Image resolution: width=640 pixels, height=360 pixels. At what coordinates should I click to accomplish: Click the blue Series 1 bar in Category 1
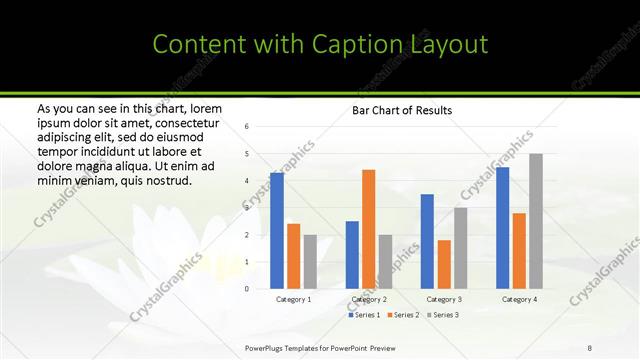(x=277, y=230)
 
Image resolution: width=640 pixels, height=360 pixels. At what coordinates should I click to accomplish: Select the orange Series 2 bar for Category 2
(x=369, y=229)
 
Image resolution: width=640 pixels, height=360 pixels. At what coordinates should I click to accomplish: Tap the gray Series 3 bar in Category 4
(x=536, y=221)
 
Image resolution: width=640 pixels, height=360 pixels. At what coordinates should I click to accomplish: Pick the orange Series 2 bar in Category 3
(x=444, y=264)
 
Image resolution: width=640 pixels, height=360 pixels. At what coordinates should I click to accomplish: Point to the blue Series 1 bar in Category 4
(x=502, y=228)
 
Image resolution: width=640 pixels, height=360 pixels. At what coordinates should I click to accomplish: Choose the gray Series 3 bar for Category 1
(x=310, y=261)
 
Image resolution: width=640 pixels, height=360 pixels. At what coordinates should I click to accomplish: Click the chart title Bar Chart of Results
(x=402, y=110)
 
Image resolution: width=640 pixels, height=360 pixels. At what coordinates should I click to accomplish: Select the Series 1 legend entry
(x=363, y=315)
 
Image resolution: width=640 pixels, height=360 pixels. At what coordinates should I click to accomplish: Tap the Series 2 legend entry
(x=402, y=315)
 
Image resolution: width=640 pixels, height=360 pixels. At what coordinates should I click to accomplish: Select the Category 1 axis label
(x=294, y=299)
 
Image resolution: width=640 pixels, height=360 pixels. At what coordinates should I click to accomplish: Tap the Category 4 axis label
(x=519, y=299)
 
